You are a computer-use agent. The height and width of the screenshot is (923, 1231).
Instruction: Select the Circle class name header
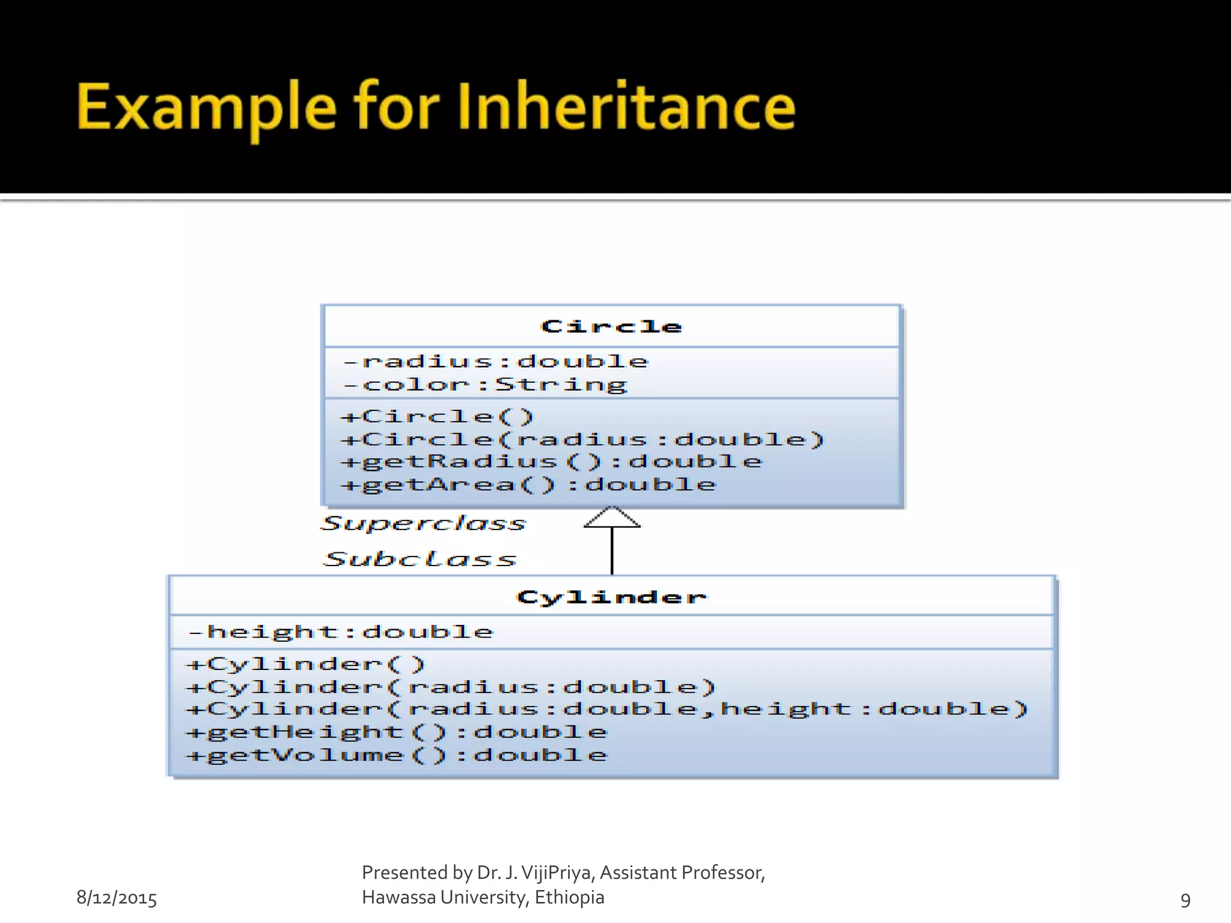(611, 326)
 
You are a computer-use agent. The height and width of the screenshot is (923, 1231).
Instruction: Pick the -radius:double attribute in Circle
(496, 361)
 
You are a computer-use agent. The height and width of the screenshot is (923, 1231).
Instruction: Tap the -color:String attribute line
(486, 384)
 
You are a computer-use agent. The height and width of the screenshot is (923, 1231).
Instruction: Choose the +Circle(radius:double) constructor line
(582, 439)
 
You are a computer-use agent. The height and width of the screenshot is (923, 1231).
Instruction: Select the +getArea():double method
(528, 484)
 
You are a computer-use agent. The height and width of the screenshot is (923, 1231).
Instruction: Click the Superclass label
(424, 523)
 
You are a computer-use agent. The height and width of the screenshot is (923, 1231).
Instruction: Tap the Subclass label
(420, 559)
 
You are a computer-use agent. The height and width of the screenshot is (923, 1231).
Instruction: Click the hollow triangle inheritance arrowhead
(612, 518)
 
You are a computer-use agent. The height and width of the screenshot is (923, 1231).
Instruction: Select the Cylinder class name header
(611, 597)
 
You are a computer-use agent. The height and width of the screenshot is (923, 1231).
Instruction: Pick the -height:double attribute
(341, 632)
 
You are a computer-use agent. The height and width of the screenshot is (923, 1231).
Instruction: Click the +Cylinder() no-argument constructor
(305, 664)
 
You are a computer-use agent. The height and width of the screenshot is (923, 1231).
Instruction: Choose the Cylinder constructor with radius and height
(607, 709)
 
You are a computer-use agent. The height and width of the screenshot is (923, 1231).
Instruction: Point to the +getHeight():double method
(397, 732)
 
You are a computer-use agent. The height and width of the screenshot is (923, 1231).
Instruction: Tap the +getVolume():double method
(397, 755)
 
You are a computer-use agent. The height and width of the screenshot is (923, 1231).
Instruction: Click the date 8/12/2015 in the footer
(117, 898)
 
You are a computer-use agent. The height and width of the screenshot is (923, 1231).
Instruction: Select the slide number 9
(1185, 900)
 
